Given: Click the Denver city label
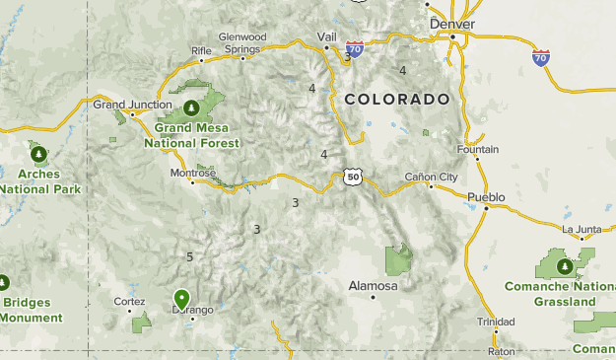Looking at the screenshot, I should tap(452, 24).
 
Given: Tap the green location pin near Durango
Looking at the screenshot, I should tap(181, 298).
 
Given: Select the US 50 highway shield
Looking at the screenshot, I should tap(353, 178).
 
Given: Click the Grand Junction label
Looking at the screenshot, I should tap(125, 104).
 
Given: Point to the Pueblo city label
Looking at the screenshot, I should tap(486, 197).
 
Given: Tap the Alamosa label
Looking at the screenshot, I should tap(373, 286).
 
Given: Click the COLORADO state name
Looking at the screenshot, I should tap(396, 100).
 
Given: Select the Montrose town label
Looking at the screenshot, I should tap(193, 173).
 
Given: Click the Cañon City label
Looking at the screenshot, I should tap(432, 178).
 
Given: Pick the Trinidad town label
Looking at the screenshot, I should tap(495, 322).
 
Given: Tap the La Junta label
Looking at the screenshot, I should tap(581, 229).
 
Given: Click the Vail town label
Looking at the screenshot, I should tap(326, 36).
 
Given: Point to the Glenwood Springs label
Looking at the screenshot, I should tap(242, 42).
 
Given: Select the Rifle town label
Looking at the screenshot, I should tap(201, 50).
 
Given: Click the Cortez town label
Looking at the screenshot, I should tap(129, 301).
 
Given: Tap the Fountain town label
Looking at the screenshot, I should tap(479, 150).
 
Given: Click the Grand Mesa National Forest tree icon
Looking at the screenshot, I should tap(189, 107).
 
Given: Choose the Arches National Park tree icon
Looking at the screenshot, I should tap(38, 154).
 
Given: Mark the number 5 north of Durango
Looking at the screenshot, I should tap(189, 257).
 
